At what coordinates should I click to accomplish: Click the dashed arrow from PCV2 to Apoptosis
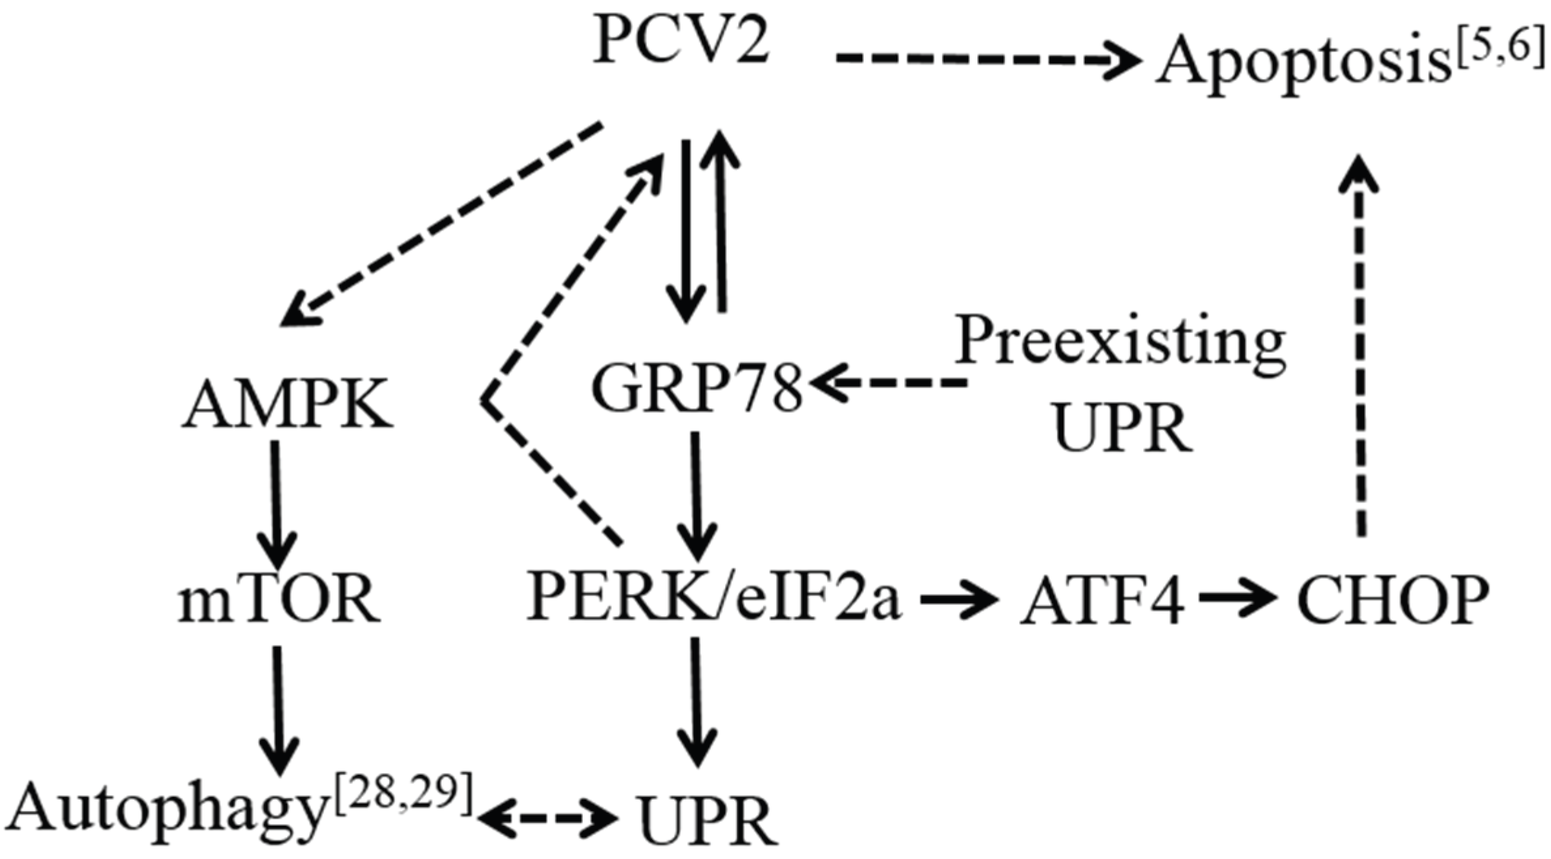(987, 59)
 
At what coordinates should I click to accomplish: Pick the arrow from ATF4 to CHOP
(1238, 598)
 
